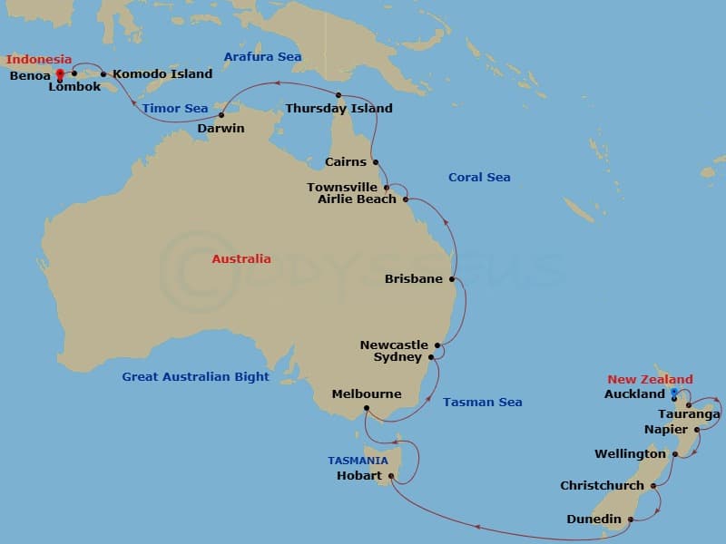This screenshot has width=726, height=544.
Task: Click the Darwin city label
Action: click(221, 129)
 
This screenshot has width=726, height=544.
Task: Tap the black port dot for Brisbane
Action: click(452, 279)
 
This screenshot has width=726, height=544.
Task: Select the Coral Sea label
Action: click(479, 178)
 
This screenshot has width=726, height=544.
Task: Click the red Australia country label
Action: click(241, 259)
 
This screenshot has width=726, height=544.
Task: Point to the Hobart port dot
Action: click(391, 476)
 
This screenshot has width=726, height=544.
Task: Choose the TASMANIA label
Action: click(358, 461)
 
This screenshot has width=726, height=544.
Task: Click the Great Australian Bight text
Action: click(196, 377)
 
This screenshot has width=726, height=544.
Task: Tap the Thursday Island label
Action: click(338, 109)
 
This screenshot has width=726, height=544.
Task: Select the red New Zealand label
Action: click(650, 380)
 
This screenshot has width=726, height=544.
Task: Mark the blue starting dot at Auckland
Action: click(674, 392)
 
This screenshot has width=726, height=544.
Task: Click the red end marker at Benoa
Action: click(60, 73)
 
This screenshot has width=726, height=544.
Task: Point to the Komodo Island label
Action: click(162, 74)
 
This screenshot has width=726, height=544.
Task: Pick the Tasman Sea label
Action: click(482, 403)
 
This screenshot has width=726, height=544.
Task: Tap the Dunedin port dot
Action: click(631, 519)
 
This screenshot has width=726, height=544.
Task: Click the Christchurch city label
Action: click(602, 486)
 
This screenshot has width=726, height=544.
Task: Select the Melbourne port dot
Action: click(366, 408)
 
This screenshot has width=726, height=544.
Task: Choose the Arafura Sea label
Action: click(262, 57)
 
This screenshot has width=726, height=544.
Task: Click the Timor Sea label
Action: click(175, 109)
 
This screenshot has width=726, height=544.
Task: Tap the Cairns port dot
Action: click(376, 162)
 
